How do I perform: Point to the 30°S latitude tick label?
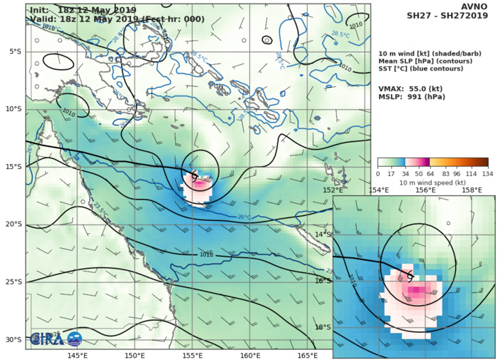pyautogui.click(x=14, y=339)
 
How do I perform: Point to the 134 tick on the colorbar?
pyautogui.click(x=488, y=173)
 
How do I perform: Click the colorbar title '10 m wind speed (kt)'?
pyautogui.click(x=433, y=183)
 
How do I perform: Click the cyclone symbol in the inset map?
pyautogui.click(x=410, y=275)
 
